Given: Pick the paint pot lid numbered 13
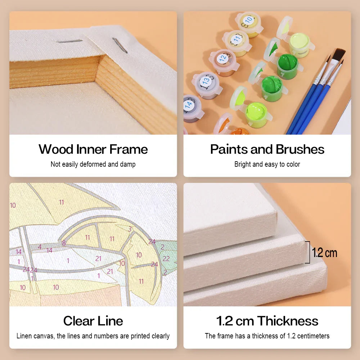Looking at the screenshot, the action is (206, 81).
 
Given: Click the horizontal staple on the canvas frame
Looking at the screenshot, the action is (69, 41).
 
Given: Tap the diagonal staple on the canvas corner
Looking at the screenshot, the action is (120, 45).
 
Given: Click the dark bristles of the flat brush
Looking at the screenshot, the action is (339, 54).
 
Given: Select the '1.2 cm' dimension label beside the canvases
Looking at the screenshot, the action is (324, 253).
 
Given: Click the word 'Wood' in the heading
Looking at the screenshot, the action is (56, 149).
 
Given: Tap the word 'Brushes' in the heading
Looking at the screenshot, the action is (300, 149).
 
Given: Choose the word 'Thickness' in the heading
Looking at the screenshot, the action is (288, 321).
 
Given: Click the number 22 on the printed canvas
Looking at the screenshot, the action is (166, 258).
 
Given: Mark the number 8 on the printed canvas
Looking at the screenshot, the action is (64, 243).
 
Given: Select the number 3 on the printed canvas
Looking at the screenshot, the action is (130, 229).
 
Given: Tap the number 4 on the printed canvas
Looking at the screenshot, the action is (40, 247).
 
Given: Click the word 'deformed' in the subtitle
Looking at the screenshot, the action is (93, 164).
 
